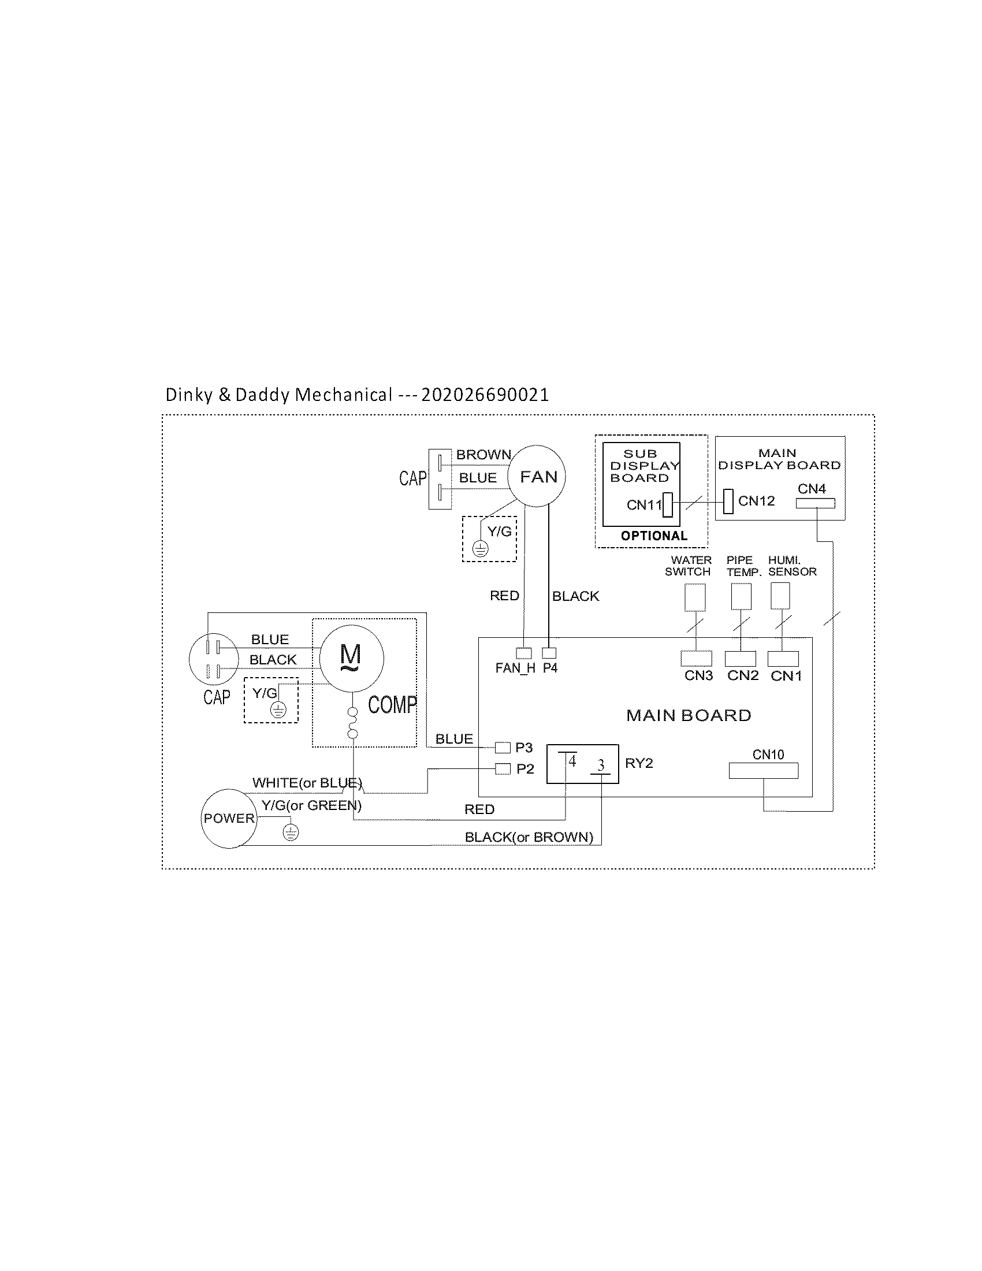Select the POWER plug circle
click(x=229, y=818)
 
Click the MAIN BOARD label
click(x=688, y=715)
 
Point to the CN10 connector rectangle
click(x=763, y=771)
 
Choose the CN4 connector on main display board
click(x=815, y=503)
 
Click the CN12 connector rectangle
click(x=728, y=501)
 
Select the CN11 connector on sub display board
click(x=668, y=505)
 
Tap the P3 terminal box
click(x=503, y=747)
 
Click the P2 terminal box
click(x=503, y=769)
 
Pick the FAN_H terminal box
click(x=523, y=653)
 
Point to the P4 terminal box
click(x=549, y=653)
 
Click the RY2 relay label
click(x=639, y=763)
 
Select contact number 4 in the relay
click(x=572, y=761)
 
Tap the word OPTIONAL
click(x=654, y=536)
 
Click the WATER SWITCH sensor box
click(x=694, y=597)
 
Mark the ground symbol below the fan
click(x=480, y=548)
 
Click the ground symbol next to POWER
click(x=291, y=833)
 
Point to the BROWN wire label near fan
click(x=483, y=455)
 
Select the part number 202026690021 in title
click(x=485, y=395)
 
